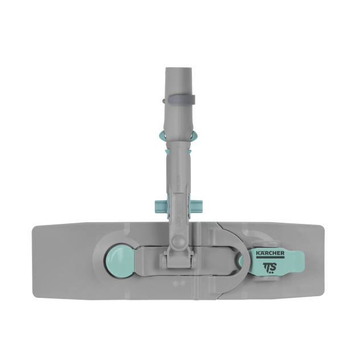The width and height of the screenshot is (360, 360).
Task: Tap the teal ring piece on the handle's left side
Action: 163,135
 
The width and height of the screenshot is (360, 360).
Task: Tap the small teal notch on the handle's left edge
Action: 167,153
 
